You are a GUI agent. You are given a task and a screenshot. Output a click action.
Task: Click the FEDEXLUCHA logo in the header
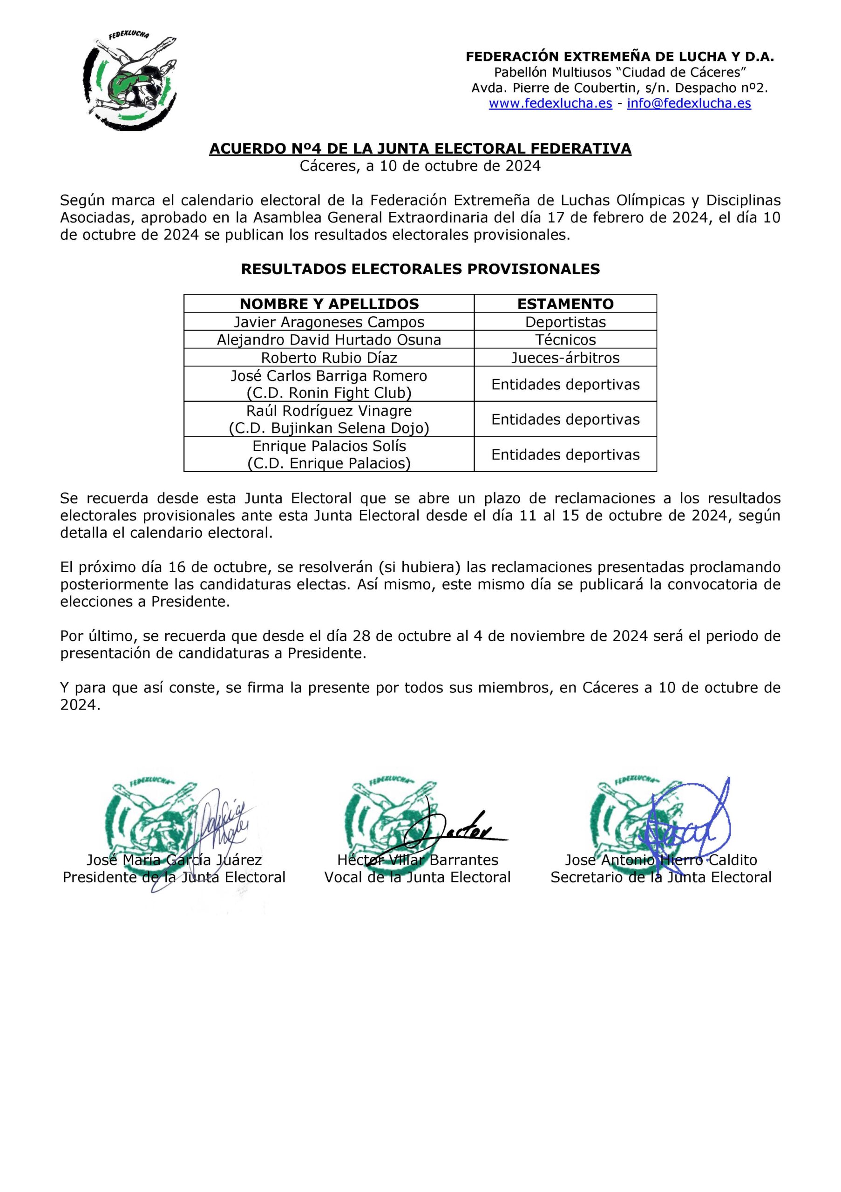130,81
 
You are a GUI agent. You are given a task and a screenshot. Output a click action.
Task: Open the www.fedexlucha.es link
550,103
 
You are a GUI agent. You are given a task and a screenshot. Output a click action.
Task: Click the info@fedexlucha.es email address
689,103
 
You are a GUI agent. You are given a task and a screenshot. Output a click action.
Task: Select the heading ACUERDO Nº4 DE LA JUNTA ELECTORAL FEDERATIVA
420,149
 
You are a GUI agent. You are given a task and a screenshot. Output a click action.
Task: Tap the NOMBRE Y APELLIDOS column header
329,304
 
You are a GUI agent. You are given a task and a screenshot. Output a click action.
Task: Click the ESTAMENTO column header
565,304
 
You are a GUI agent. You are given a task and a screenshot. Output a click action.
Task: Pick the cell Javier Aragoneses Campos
329,322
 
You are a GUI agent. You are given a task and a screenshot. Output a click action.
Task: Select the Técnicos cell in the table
565,339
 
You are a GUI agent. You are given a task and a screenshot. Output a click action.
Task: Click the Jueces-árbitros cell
565,358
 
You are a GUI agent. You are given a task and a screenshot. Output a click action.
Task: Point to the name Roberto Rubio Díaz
329,358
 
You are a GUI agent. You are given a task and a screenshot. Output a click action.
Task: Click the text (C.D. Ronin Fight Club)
329,393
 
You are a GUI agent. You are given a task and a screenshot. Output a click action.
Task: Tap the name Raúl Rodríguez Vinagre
329,411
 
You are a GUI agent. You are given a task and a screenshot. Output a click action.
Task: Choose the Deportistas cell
565,322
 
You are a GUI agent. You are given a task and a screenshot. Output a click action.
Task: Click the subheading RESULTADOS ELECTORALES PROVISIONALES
420,269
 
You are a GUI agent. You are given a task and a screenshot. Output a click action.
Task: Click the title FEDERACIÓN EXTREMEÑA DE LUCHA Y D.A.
619,57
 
